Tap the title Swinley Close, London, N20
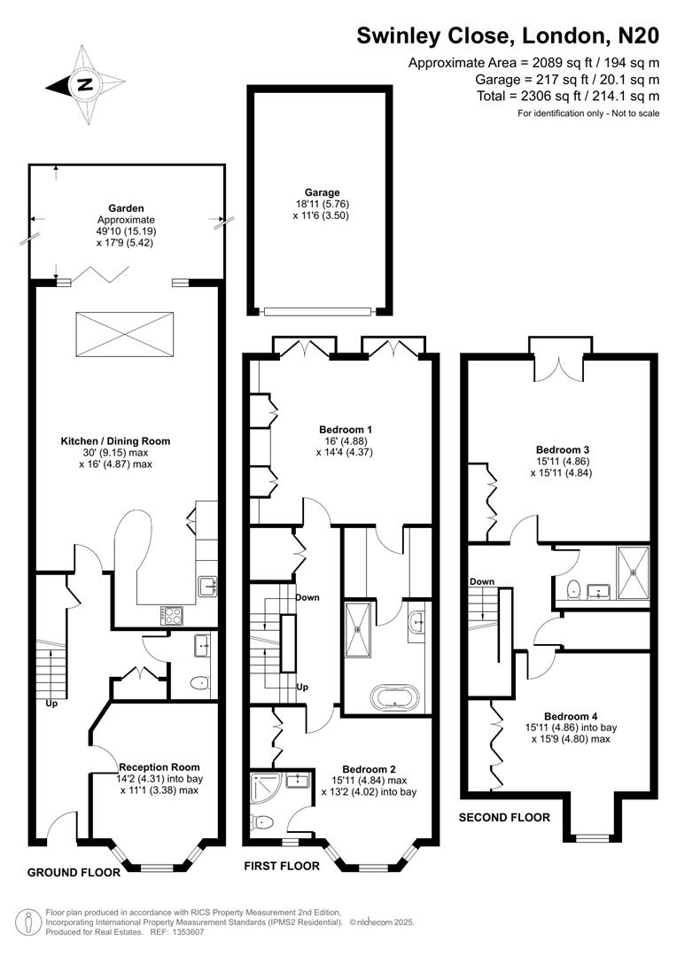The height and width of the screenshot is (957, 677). (x=508, y=35)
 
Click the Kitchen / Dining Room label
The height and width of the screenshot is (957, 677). (x=115, y=440)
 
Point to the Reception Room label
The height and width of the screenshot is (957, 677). (x=160, y=766)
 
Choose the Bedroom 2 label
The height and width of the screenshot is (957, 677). (x=369, y=768)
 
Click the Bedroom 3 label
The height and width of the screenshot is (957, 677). (x=563, y=449)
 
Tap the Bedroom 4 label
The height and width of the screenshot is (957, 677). (x=566, y=716)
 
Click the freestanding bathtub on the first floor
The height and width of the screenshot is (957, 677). (x=391, y=697)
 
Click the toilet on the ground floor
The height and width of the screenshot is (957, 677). (x=199, y=682)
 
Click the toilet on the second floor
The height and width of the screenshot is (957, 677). (x=572, y=588)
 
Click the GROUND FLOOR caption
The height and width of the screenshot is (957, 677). (x=74, y=872)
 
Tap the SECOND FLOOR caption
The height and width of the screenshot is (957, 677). (x=504, y=817)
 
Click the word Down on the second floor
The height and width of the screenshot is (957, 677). (x=482, y=581)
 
